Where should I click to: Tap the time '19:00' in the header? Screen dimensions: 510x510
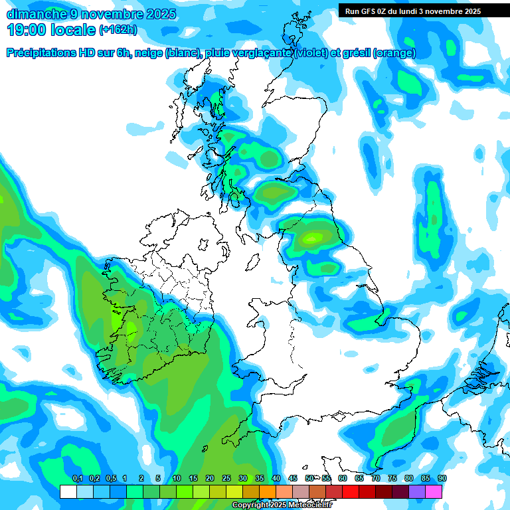click(27, 30)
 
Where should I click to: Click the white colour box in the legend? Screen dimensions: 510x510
click(68, 491)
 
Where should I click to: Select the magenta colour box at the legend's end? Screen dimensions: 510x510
click(434, 491)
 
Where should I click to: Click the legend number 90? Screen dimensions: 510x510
click(442, 479)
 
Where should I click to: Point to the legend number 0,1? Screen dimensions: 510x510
click(77, 479)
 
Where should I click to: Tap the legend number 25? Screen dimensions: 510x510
click(226, 479)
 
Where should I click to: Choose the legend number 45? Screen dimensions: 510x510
click(293, 479)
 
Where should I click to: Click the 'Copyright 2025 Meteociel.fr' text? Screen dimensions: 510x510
click(282, 505)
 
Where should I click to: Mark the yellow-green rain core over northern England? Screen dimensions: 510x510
click(312, 237)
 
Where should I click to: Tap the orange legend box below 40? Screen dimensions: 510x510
click(268, 491)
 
